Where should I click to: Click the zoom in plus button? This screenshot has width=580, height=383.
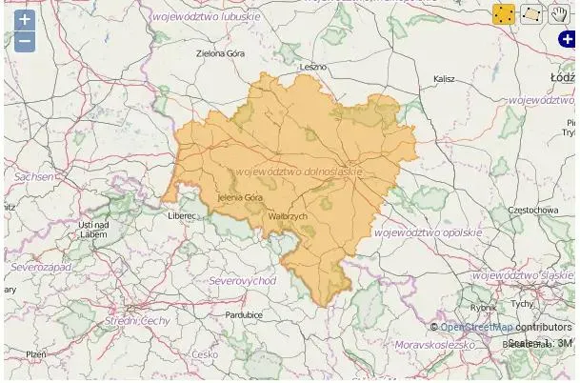point(25,20)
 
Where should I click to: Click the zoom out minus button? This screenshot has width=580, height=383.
point(25,41)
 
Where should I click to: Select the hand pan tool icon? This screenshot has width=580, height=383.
point(558,14)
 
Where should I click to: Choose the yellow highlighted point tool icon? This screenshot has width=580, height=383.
point(504,14)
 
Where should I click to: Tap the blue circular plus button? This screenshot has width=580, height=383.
point(567,39)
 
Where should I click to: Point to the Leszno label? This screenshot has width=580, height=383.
point(312,68)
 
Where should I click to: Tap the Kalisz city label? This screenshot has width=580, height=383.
point(444,79)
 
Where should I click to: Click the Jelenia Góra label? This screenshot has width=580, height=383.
point(240,197)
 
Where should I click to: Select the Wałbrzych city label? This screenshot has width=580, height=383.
point(289,217)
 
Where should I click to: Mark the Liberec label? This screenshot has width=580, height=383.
point(180,216)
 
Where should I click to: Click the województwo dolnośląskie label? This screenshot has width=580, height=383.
point(299,171)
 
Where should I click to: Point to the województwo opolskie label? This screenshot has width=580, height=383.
point(428,232)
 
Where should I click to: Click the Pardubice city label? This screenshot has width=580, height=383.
point(244,314)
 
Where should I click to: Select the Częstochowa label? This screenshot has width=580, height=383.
point(532,210)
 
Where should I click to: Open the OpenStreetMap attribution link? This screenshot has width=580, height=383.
point(476,328)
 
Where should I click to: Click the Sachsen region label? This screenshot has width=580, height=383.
point(34,177)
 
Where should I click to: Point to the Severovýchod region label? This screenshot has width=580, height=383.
point(242,281)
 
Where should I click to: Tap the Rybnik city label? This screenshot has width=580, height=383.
point(483,308)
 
